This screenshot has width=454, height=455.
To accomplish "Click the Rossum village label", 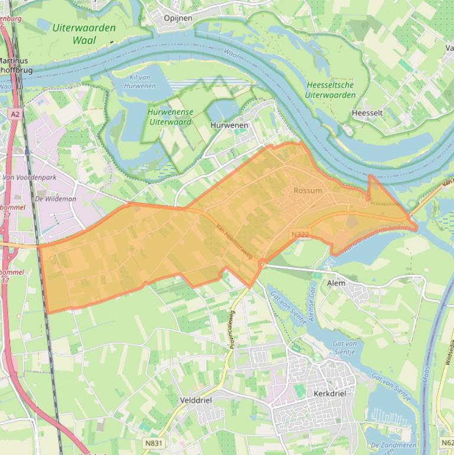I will click(x=308, y=190).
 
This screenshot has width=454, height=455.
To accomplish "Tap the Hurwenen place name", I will click(x=229, y=125).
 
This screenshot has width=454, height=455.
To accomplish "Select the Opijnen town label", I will click(x=178, y=18).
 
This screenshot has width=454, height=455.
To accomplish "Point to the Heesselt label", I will click(x=367, y=113).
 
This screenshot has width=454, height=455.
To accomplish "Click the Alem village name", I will click(x=337, y=283).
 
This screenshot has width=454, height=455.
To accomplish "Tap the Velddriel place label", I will click(x=195, y=400).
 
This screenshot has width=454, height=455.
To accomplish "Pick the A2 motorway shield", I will click(x=16, y=113).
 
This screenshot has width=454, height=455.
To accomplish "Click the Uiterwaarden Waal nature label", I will click(x=84, y=34).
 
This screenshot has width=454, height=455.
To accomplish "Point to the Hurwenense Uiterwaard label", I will click(x=170, y=116).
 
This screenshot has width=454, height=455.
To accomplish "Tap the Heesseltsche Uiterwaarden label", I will click(x=331, y=90).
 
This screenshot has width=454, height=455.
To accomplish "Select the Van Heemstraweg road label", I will click(x=234, y=241).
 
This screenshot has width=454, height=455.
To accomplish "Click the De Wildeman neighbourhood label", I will click(x=55, y=199).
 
